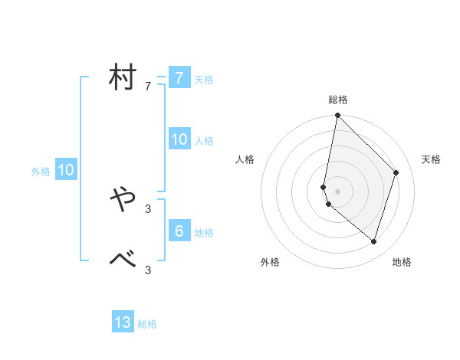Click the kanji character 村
(x=123, y=77)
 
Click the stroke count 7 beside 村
(x=148, y=87)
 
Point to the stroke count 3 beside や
(x=148, y=208)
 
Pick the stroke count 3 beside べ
(x=148, y=270)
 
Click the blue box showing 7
(x=179, y=77)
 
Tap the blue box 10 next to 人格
(x=179, y=139)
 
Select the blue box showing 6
(x=179, y=231)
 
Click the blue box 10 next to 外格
(x=66, y=170)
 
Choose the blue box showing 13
(x=123, y=322)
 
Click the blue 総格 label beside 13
(x=147, y=324)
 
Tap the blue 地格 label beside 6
(x=204, y=233)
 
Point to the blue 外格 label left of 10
(x=41, y=172)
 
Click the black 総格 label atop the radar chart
(x=338, y=100)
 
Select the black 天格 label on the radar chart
(x=432, y=159)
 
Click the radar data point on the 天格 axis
(x=396, y=172)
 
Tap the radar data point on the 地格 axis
(x=374, y=241)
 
